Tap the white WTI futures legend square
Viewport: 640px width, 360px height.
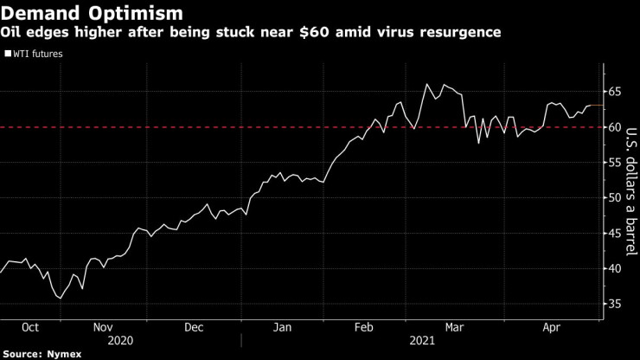click(8, 54)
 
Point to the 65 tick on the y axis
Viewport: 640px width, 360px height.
click(614, 91)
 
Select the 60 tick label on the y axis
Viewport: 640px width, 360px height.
click(614, 126)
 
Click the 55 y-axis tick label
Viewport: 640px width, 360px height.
click(614, 162)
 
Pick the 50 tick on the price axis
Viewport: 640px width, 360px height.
click(614, 197)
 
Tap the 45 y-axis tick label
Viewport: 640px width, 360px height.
click(614, 233)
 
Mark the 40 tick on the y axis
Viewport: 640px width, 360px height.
click(614, 268)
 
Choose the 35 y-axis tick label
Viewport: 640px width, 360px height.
click(614, 304)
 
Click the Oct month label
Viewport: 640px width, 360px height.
click(29, 328)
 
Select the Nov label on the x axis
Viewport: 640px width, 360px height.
click(102, 328)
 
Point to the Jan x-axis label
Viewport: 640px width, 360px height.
click(283, 328)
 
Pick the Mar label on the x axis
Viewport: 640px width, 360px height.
click(454, 328)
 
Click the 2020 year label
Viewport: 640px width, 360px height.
click(119, 342)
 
